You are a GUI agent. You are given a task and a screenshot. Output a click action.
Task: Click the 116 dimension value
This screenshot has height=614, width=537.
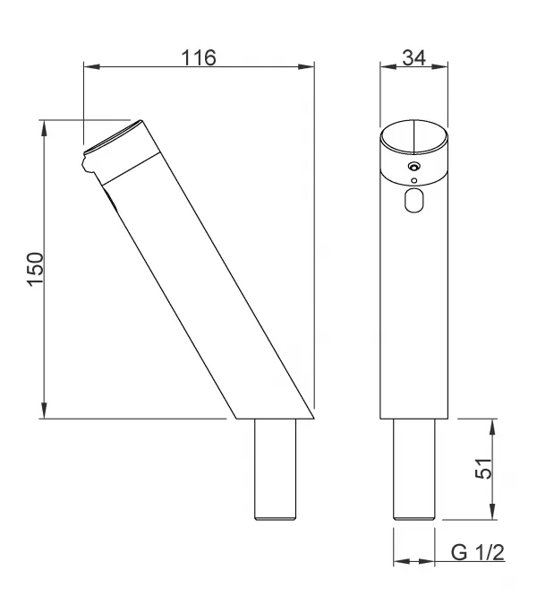[x=199, y=57]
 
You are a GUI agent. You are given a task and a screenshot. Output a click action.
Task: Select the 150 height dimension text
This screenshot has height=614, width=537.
[x=36, y=270]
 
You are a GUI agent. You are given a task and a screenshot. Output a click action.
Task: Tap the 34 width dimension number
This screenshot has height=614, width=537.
[x=414, y=57]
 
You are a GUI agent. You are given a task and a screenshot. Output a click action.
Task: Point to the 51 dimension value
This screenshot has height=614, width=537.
[x=483, y=468]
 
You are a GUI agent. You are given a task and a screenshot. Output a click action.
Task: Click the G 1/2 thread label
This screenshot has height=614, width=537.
[x=478, y=552]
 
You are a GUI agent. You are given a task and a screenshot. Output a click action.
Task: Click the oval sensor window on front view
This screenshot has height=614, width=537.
[x=413, y=200]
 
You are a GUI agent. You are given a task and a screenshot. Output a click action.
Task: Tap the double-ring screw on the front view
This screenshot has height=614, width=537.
[x=413, y=167]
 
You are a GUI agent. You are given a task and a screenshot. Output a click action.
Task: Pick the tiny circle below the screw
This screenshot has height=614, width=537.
[x=414, y=180]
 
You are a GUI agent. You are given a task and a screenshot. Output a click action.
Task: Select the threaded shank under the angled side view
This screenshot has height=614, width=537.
[x=275, y=470]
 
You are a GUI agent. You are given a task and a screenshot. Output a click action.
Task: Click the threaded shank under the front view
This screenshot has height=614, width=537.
[x=413, y=470]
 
